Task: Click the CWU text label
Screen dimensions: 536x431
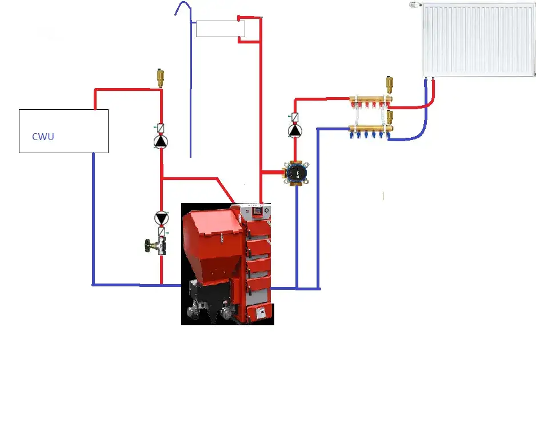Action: coord(43,137)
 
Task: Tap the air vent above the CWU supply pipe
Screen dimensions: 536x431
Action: coord(160,78)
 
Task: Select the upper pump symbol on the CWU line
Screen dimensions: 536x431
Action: coord(161,142)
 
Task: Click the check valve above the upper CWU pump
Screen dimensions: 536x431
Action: coord(161,128)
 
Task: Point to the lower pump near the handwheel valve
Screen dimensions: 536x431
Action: coord(161,218)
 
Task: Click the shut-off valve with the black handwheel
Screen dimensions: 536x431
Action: coord(156,246)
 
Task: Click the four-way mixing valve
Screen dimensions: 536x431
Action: coord(297,173)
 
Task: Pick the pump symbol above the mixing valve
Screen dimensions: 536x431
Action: coord(295,131)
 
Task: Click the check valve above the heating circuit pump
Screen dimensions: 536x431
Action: coord(295,117)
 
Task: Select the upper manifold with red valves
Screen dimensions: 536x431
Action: coord(370,102)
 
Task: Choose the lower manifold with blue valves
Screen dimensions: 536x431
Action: coord(370,131)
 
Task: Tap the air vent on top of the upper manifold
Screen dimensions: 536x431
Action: coord(389,85)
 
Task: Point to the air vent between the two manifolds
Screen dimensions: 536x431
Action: coord(390,117)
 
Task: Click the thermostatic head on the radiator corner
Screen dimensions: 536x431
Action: coord(415,5)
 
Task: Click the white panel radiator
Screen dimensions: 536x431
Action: coord(478,39)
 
